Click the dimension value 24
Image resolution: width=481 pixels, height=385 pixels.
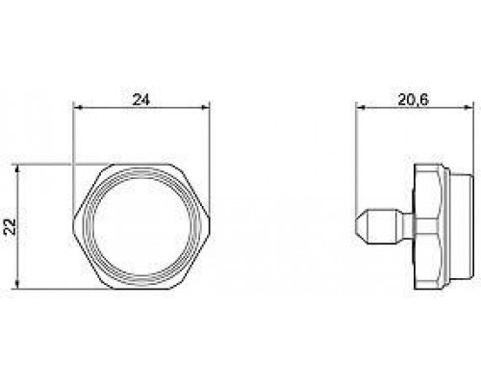point(141,100)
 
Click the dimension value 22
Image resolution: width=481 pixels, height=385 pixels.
point(11,227)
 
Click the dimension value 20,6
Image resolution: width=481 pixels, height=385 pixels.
point(414,100)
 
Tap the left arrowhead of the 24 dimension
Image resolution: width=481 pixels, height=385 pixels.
point(78,108)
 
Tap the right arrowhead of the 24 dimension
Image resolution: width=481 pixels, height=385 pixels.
point(205,108)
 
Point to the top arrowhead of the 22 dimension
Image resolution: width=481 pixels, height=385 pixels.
point(17,169)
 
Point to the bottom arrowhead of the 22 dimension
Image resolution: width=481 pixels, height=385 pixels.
point(17,285)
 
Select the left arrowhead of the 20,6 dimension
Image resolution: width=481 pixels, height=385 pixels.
point(361,108)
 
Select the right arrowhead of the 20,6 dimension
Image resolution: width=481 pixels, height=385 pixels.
point(468,108)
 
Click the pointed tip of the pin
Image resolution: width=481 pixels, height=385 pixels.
point(357,226)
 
